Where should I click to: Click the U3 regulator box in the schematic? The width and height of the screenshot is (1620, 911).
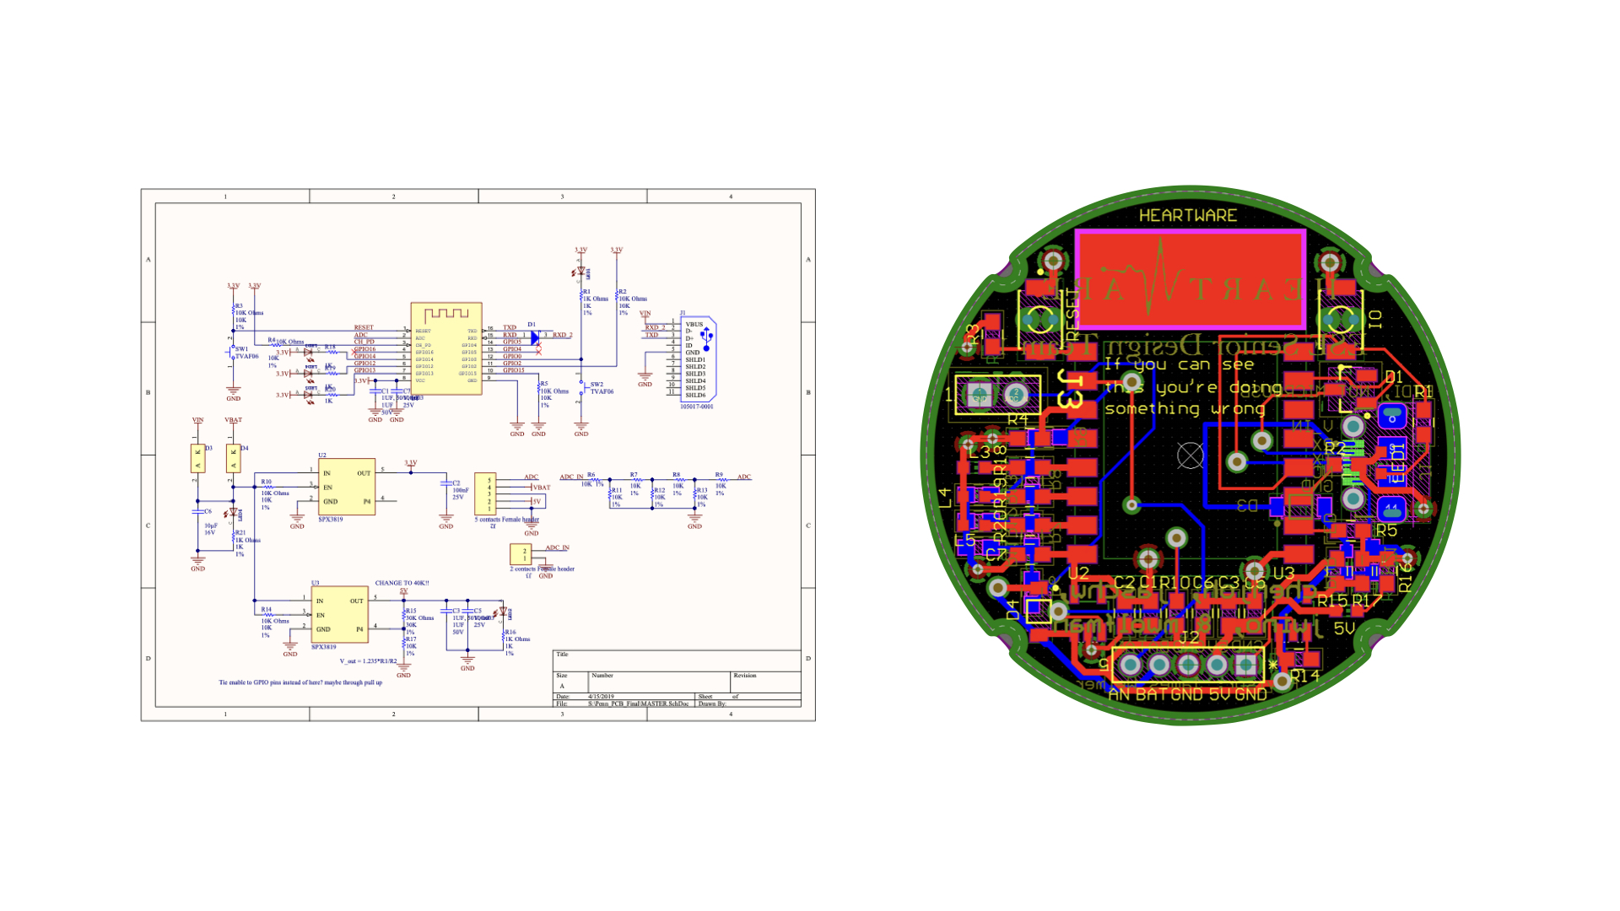point(339,615)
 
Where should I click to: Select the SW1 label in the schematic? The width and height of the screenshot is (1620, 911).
point(242,349)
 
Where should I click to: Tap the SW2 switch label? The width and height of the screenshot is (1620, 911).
point(597,385)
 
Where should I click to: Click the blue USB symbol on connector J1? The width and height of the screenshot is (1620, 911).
point(707,337)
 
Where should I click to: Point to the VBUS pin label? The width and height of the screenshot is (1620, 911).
point(694,325)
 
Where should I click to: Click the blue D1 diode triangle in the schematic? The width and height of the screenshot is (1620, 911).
point(535,337)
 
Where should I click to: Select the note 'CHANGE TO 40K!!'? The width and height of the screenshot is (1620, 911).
point(402,583)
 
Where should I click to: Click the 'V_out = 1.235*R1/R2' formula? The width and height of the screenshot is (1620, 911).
point(368,661)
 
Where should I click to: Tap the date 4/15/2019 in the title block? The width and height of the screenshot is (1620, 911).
point(601,697)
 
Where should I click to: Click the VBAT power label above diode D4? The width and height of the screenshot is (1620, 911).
point(233,420)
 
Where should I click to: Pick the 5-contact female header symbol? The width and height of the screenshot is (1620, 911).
point(485,493)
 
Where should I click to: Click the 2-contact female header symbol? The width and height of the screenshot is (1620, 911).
point(521,554)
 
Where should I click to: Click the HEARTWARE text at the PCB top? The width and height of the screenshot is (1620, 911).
point(1188,216)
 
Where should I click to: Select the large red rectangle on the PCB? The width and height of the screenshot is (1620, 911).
point(1190,280)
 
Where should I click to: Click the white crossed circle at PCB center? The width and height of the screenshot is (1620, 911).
point(1190,455)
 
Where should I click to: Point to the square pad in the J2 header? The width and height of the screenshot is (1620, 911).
point(1245,666)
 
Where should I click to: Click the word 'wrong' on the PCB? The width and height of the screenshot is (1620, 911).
point(1238,410)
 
